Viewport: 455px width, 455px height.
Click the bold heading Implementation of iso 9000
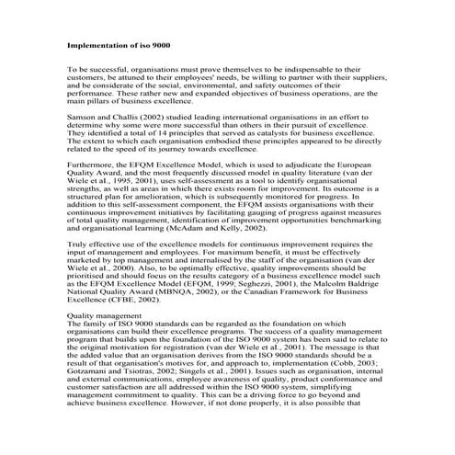(x=118, y=44)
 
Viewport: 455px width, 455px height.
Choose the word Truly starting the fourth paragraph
(x=79, y=245)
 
